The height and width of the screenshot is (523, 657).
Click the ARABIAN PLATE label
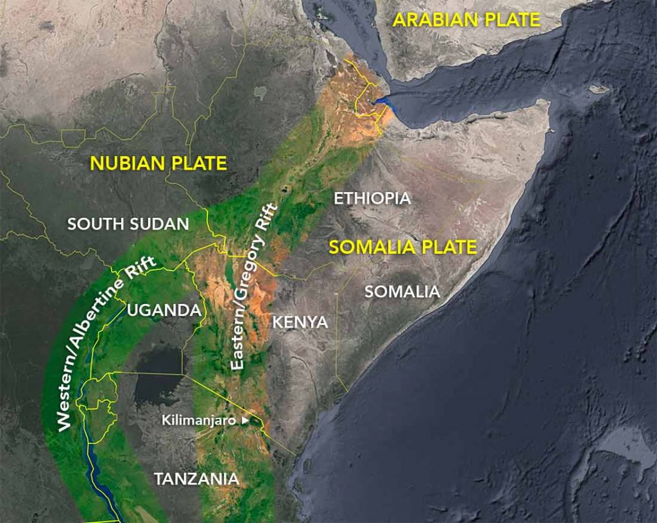467,19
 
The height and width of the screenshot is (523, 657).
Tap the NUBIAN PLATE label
158,163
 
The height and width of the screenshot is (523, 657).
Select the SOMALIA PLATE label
403,247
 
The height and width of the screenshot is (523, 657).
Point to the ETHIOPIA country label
372,199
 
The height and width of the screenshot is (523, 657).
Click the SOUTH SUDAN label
128,224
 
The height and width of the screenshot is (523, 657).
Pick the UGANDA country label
164,310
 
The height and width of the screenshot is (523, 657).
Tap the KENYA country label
300,322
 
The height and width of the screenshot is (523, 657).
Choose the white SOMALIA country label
402,292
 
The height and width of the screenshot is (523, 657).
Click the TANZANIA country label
196,479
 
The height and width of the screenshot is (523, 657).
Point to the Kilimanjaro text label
199,421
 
